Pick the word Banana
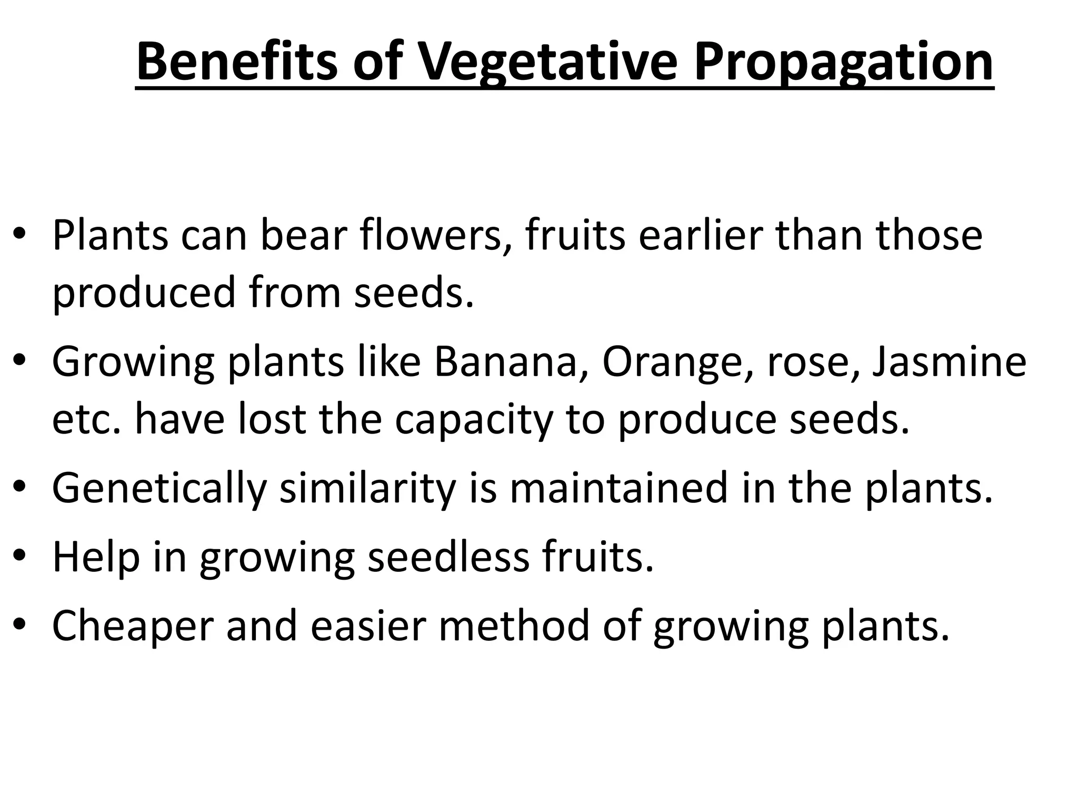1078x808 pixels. click(x=505, y=362)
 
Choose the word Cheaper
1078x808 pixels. click(x=133, y=627)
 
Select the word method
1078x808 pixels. click(x=514, y=625)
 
